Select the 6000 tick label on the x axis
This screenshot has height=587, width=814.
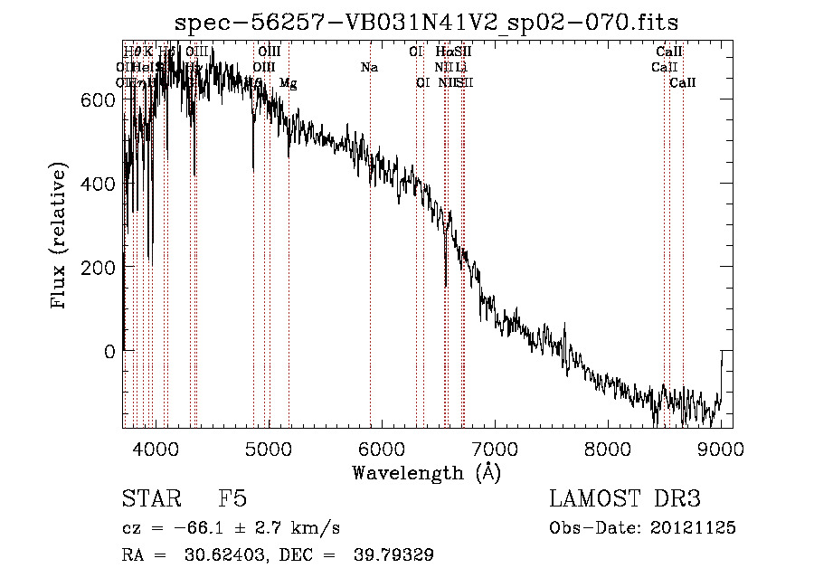pyautogui.click(x=381, y=449)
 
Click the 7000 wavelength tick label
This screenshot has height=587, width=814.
pyautogui.click(x=495, y=449)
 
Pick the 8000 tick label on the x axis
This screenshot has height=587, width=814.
pyautogui.click(x=608, y=449)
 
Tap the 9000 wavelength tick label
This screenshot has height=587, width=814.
pyautogui.click(x=721, y=449)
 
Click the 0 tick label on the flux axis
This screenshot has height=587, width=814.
pyautogui.click(x=109, y=351)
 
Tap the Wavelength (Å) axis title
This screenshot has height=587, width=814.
pyautogui.click(x=426, y=473)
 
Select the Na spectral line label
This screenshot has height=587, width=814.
pyautogui.click(x=369, y=68)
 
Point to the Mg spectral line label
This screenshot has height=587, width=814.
pyautogui.click(x=288, y=83)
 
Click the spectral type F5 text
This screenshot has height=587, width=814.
pyautogui.click(x=232, y=499)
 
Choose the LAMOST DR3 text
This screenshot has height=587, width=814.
pyautogui.click(x=625, y=499)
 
